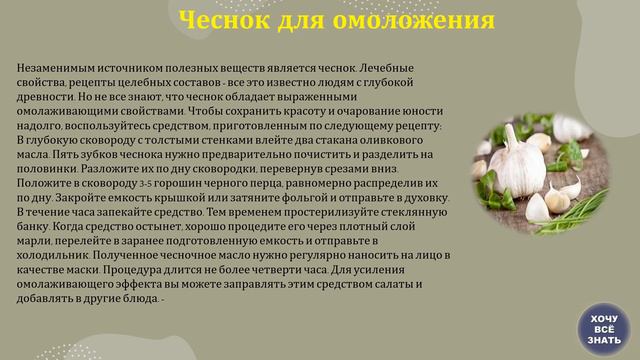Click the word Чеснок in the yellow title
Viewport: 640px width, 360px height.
(224, 20)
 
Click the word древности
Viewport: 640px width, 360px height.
(45, 97)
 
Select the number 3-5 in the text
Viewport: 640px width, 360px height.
(146, 184)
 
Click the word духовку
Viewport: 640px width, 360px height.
(426, 198)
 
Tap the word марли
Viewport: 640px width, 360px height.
(34, 241)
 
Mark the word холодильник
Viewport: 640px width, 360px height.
(53, 256)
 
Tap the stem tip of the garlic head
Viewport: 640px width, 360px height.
(508, 127)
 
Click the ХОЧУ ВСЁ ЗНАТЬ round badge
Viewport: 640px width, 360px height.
(604, 329)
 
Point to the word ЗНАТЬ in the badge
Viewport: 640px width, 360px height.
(604, 340)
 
